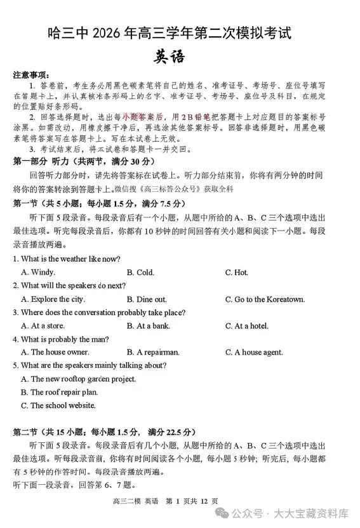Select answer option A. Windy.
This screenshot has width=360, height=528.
coord(38,273)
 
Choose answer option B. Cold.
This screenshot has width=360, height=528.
coord(140,273)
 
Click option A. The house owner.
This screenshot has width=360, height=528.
coord(55,352)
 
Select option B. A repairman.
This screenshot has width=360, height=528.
coord(153,352)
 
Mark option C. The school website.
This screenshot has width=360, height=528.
coord(58,405)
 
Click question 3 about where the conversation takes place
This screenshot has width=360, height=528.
coord(99,313)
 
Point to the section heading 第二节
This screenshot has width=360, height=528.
coord(25,432)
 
